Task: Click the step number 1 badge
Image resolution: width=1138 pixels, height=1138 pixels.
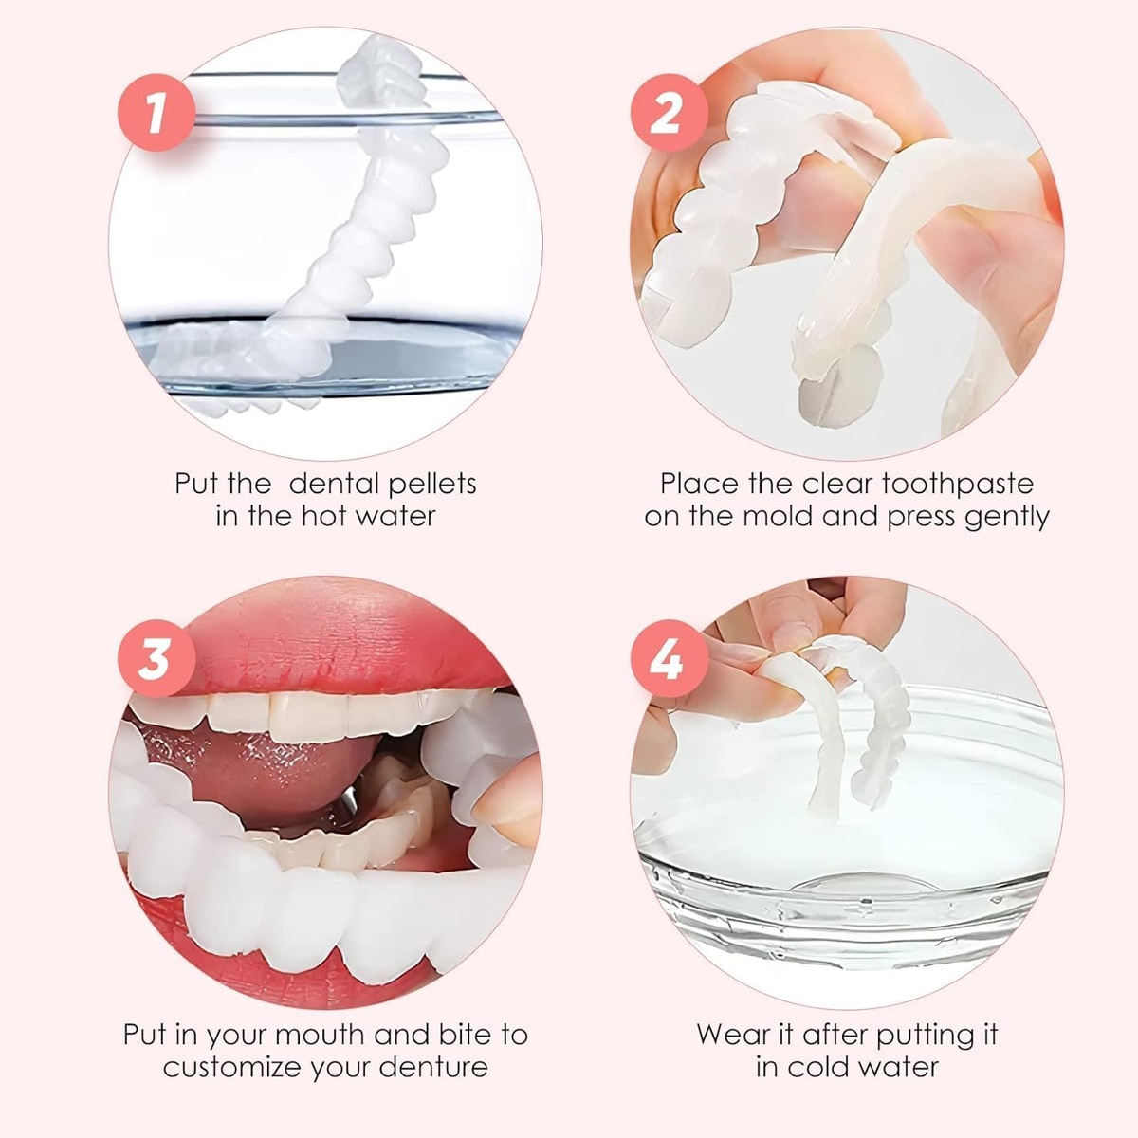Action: [x=156, y=113]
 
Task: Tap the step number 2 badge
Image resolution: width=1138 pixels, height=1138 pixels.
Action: [x=670, y=113]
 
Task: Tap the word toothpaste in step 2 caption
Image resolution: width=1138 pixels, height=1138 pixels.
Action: [x=958, y=484]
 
